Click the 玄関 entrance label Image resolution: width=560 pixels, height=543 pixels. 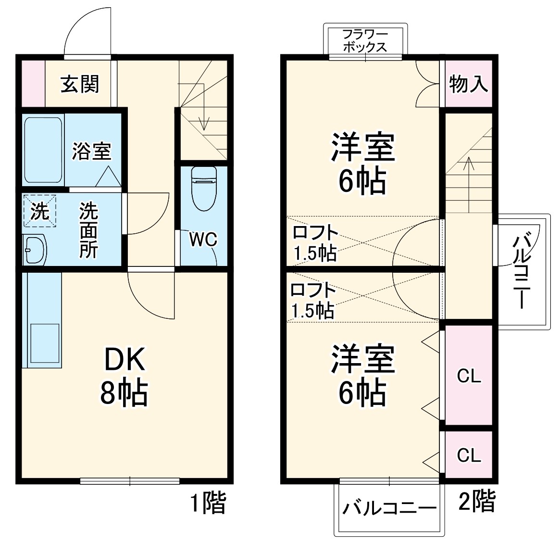[80, 84]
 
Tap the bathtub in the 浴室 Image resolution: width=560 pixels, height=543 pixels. [43, 149]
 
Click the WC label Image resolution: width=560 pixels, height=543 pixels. [203, 239]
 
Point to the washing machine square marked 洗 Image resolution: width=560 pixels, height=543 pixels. [40, 211]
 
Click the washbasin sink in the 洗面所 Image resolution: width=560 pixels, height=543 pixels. [35, 250]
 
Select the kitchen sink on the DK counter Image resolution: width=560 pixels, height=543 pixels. [45, 342]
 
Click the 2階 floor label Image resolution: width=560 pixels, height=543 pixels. [476, 502]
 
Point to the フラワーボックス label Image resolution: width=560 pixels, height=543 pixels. [365, 41]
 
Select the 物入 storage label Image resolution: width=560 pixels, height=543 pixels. [469, 85]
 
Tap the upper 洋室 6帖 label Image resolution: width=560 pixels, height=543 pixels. [362, 164]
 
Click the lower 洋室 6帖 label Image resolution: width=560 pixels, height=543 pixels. [362, 375]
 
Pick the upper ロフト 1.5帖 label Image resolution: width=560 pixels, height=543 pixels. [315, 243]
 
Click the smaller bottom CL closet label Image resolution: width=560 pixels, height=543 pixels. [469, 455]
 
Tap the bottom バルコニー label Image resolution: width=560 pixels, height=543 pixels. [389, 508]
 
